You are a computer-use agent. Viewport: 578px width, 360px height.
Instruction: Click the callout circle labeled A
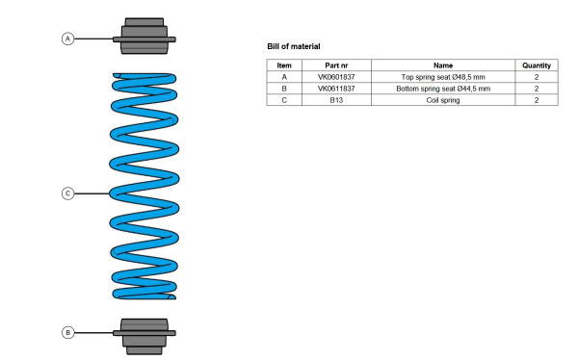pyautogui.click(x=67, y=39)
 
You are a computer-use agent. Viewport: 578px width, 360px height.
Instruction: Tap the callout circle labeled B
pyautogui.click(x=67, y=333)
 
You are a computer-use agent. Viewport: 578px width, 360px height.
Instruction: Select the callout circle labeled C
pyautogui.click(x=67, y=193)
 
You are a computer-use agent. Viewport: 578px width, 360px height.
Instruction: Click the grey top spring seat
pyautogui.click(x=144, y=37)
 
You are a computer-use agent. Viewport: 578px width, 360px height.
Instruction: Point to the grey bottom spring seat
pyautogui.click(x=144, y=337)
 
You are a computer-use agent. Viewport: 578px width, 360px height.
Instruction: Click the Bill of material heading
pyautogui.click(x=294, y=46)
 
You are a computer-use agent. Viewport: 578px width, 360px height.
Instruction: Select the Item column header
pyautogui.click(x=284, y=65)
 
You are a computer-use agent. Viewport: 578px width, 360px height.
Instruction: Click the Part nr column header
pyautogui.click(x=336, y=65)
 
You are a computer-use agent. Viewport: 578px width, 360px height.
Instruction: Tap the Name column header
pyautogui.click(x=443, y=65)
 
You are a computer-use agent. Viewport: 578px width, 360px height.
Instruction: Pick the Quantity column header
pyautogui.click(x=537, y=65)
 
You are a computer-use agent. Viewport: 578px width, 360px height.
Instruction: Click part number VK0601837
pyautogui.click(x=336, y=77)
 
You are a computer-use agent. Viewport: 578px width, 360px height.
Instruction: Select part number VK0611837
pyautogui.click(x=336, y=89)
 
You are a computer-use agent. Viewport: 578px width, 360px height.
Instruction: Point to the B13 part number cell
pyautogui.click(x=336, y=100)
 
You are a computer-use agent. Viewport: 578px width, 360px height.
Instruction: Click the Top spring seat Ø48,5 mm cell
pyautogui.click(x=443, y=77)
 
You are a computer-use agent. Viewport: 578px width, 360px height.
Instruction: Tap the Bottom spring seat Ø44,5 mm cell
pyautogui.click(x=443, y=89)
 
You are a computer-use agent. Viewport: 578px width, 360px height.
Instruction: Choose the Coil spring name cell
pyautogui.click(x=443, y=100)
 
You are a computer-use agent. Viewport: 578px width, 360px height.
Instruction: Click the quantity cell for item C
pyautogui.click(x=537, y=100)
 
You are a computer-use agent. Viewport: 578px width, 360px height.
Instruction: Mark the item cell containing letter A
pyautogui.click(x=284, y=77)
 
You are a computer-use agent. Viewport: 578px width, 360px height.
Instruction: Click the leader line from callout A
pyautogui.click(x=93, y=39)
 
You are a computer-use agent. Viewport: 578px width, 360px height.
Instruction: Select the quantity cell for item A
pyautogui.click(x=537, y=77)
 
